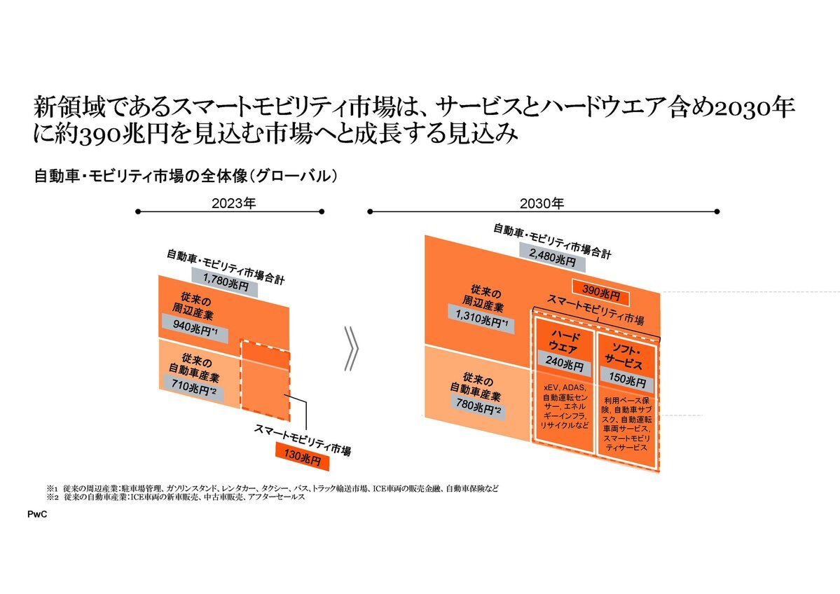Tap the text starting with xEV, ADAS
563,406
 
